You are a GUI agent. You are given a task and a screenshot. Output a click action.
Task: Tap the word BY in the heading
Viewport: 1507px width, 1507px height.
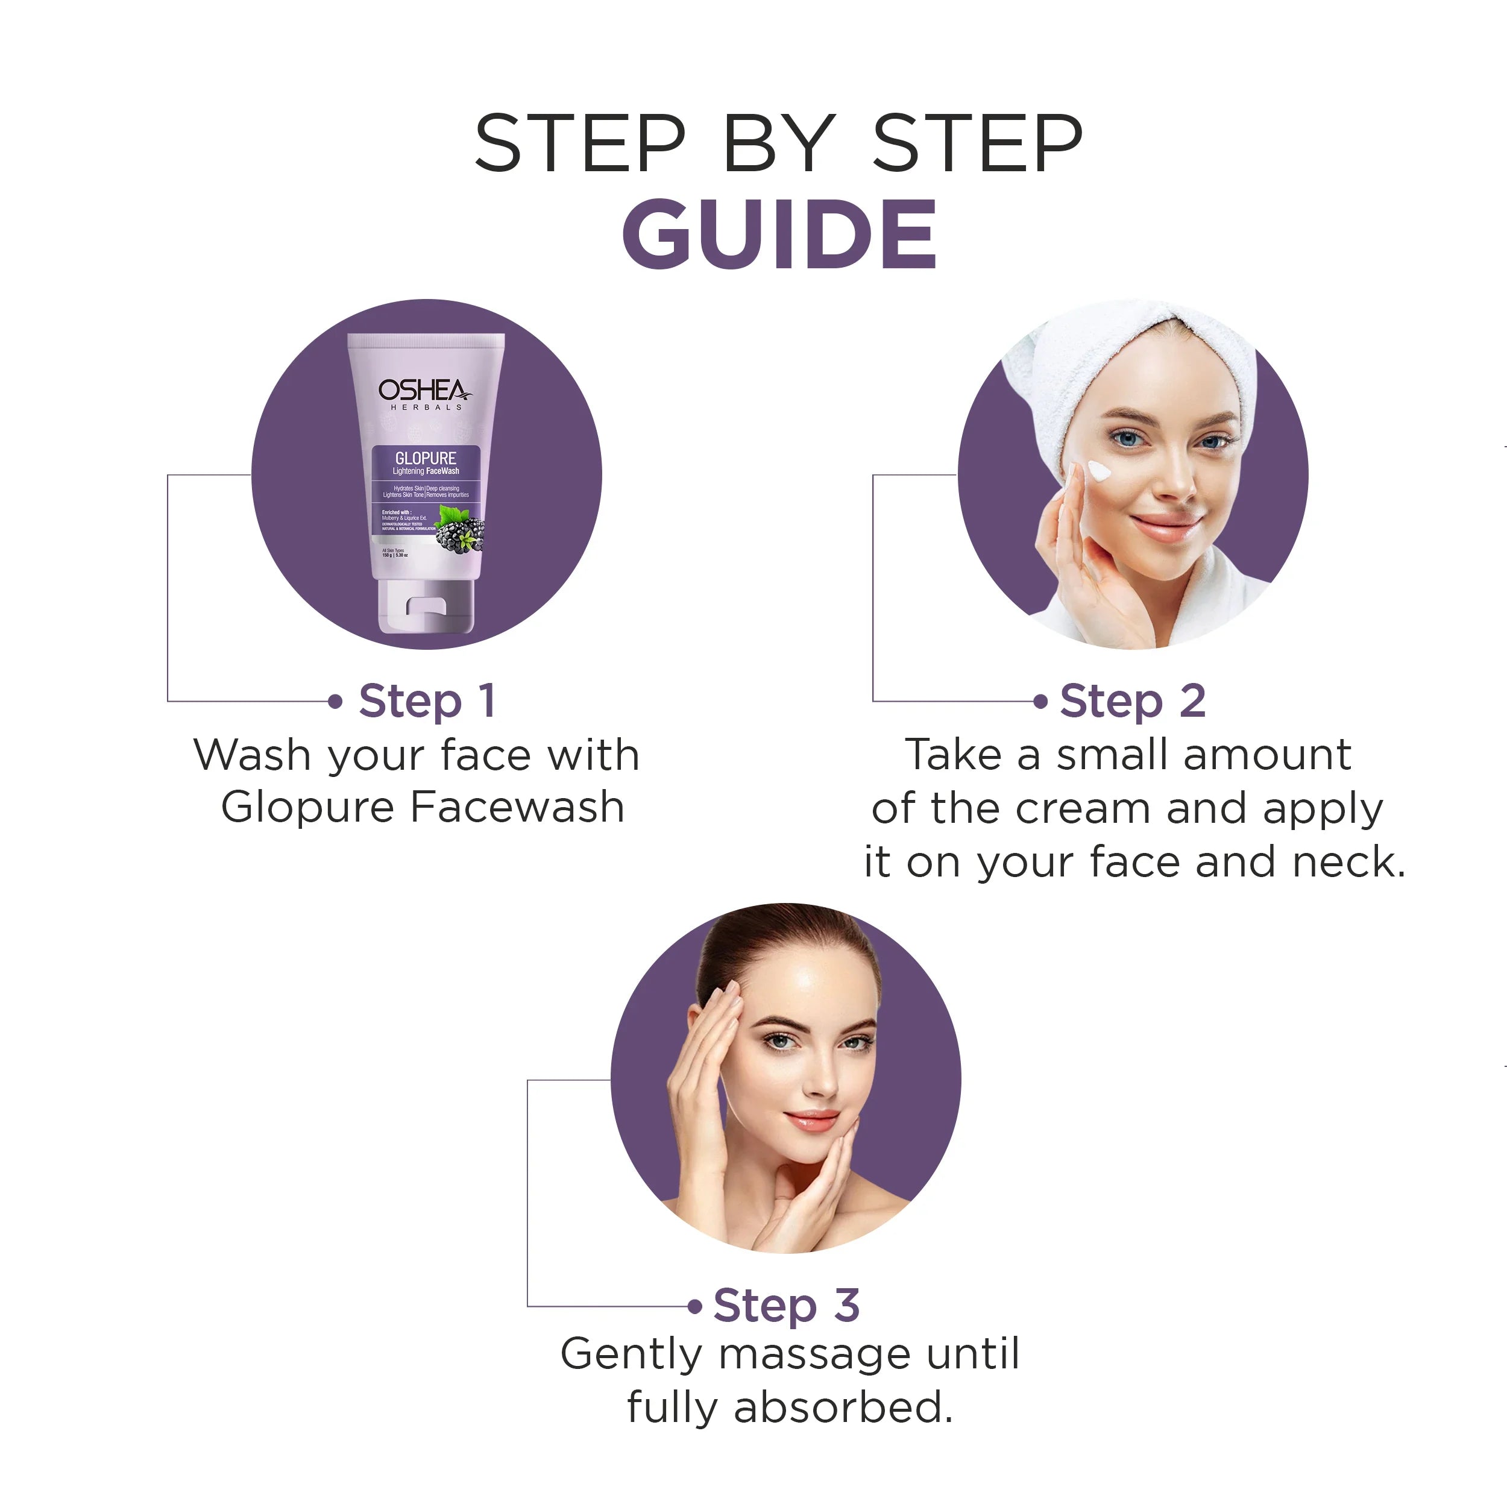tap(778, 143)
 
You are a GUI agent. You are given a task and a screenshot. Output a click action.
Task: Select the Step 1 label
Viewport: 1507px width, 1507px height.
tap(427, 700)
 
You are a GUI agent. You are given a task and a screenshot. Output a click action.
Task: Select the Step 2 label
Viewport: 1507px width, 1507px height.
tap(1132, 700)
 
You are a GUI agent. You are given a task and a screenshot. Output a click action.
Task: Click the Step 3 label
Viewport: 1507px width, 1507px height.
tap(785, 1305)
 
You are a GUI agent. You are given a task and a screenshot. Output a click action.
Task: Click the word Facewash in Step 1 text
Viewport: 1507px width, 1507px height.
tap(517, 807)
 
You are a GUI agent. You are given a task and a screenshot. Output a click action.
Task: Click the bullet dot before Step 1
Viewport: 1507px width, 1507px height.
tap(335, 701)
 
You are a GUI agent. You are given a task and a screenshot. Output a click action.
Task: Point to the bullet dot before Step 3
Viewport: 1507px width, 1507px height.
tap(695, 1306)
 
